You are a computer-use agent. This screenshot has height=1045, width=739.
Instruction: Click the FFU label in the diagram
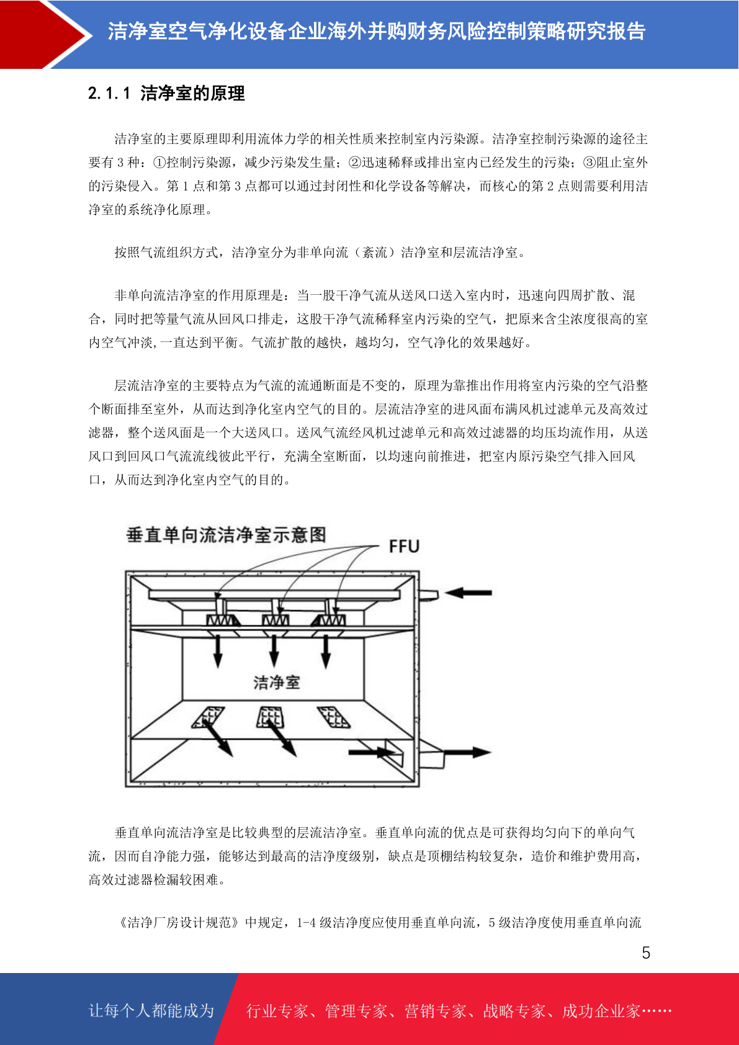click(404, 546)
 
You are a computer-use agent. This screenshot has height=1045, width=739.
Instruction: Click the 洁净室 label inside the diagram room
click(276, 683)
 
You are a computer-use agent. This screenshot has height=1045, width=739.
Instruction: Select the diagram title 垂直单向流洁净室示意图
click(226, 535)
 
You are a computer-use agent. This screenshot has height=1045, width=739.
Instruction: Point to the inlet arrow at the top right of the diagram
click(468, 593)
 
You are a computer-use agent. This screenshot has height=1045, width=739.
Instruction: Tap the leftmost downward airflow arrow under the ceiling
click(218, 652)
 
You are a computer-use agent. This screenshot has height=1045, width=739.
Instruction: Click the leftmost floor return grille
click(208, 717)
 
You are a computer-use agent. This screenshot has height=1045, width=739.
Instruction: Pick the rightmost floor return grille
click(334, 717)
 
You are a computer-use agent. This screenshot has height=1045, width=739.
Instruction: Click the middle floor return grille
click(271, 717)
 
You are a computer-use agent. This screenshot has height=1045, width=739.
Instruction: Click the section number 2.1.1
click(109, 94)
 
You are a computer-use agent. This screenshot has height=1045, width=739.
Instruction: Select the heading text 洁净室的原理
click(193, 94)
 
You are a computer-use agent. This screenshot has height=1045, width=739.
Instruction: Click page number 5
click(646, 953)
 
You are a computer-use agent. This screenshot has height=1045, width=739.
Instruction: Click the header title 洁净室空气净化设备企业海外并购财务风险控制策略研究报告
click(377, 31)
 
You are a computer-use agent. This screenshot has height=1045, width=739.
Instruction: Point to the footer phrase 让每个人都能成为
click(151, 1011)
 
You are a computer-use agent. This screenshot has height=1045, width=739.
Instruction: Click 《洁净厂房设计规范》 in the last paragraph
click(178, 923)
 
